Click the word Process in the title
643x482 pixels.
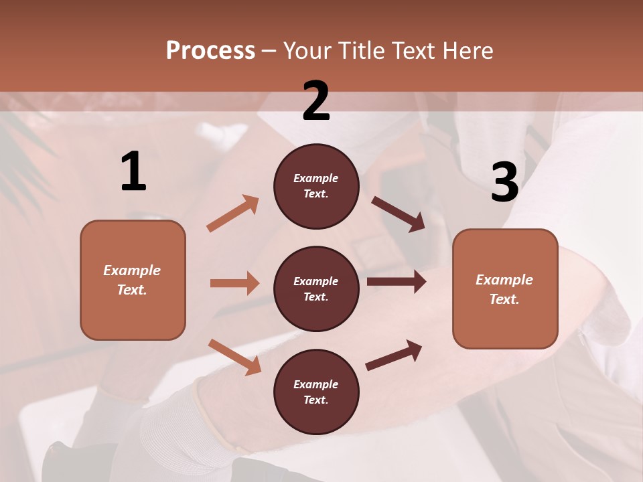click(x=210, y=51)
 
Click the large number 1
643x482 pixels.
click(x=133, y=172)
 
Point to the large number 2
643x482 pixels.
click(x=316, y=101)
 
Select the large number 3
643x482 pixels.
click(x=504, y=182)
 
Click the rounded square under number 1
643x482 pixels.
click(x=133, y=280)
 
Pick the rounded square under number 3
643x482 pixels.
click(x=505, y=289)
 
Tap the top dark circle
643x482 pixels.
click(x=316, y=186)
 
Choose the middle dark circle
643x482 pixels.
click(x=316, y=289)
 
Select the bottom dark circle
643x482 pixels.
click(x=316, y=392)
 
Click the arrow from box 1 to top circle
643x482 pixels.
click(x=232, y=214)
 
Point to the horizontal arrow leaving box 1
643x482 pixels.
click(x=234, y=283)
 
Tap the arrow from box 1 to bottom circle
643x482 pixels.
click(x=234, y=357)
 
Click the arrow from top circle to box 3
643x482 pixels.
click(x=399, y=214)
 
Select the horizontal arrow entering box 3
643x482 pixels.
click(x=397, y=282)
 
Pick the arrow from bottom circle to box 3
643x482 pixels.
click(x=394, y=355)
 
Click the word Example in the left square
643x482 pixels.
click(x=132, y=270)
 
